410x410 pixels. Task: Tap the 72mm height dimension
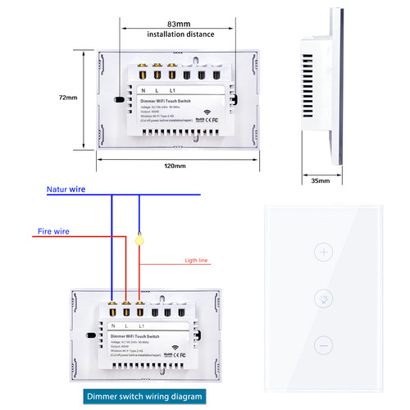70,98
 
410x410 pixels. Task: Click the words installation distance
180,34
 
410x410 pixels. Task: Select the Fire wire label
53,231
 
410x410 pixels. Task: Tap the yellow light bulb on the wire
140,241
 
